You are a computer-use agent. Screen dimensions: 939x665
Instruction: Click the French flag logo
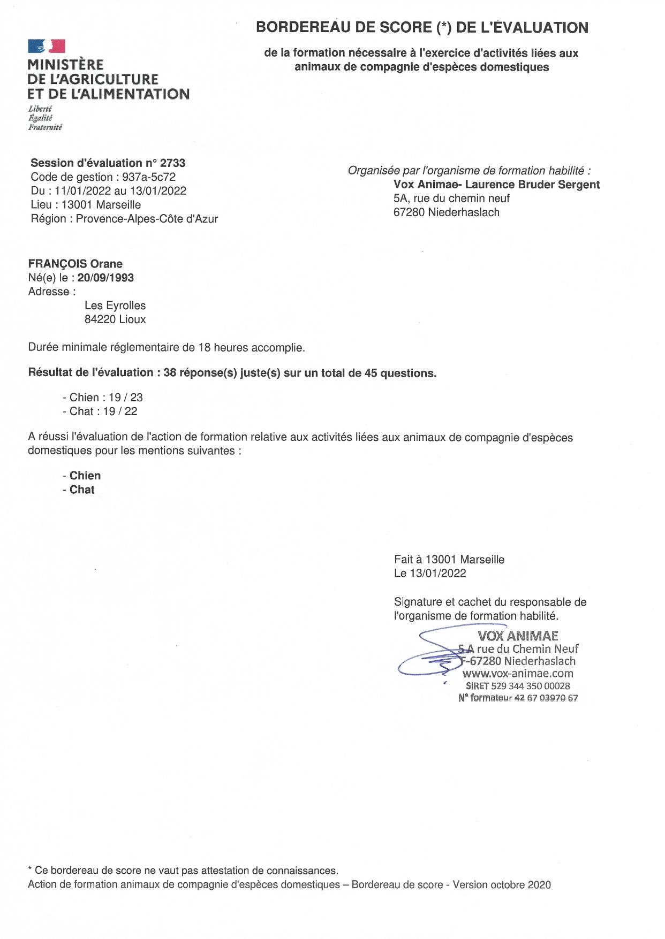pos(47,47)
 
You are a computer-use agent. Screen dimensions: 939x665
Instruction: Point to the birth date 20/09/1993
pos(105,278)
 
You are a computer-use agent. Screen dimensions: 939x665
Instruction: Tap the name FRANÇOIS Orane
pos(75,264)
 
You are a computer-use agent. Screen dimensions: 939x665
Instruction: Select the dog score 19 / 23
pos(126,398)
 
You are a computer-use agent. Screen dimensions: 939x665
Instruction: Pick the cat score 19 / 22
pos(120,411)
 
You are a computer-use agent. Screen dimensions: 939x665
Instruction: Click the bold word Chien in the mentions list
pos(85,476)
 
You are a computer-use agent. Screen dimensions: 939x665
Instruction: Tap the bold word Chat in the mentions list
pos(82,490)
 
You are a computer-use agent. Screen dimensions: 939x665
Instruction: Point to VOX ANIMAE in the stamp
pos(518,636)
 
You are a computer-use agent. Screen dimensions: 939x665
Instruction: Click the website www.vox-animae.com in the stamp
pos(518,674)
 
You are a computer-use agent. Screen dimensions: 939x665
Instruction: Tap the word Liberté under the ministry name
pos(40,109)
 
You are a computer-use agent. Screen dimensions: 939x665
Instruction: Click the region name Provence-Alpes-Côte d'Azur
pos(147,219)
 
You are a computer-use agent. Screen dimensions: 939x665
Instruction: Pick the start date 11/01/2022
pos(83,191)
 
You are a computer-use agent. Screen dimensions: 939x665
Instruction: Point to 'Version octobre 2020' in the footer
pos(502,884)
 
